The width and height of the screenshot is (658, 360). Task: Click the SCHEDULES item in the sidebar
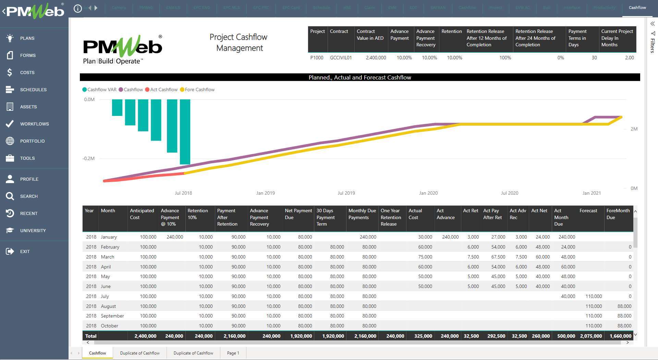pyautogui.click(x=33, y=89)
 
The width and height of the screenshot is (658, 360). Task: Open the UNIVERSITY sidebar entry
pyautogui.click(x=33, y=230)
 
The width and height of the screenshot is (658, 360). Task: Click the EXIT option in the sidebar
pyautogui.click(x=25, y=251)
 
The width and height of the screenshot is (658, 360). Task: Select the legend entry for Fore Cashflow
pyautogui.click(x=199, y=89)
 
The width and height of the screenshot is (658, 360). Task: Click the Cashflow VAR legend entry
pyautogui.click(x=101, y=89)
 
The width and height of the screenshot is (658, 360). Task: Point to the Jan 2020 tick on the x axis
pyautogui.click(x=428, y=193)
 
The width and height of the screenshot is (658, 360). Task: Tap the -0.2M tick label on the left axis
pyautogui.click(x=88, y=158)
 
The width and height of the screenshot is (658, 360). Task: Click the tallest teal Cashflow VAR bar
pyautogui.click(x=185, y=132)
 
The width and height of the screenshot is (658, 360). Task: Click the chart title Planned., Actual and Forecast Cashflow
pyautogui.click(x=360, y=77)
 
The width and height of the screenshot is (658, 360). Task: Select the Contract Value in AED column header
pyautogui.click(x=370, y=35)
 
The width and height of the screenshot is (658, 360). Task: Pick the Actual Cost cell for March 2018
pyautogui.click(x=425, y=257)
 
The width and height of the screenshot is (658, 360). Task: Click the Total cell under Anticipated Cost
pyautogui.click(x=145, y=336)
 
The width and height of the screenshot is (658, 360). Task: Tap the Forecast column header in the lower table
pyautogui.click(x=588, y=211)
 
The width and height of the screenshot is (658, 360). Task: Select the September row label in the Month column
pyautogui.click(x=112, y=316)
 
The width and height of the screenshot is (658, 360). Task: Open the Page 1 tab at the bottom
pyautogui.click(x=233, y=353)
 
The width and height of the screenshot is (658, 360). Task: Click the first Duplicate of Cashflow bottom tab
pyautogui.click(x=140, y=353)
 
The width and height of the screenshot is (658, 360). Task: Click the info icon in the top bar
pyautogui.click(x=78, y=8)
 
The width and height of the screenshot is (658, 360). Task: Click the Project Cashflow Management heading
pyautogui.click(x=239, y=43)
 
